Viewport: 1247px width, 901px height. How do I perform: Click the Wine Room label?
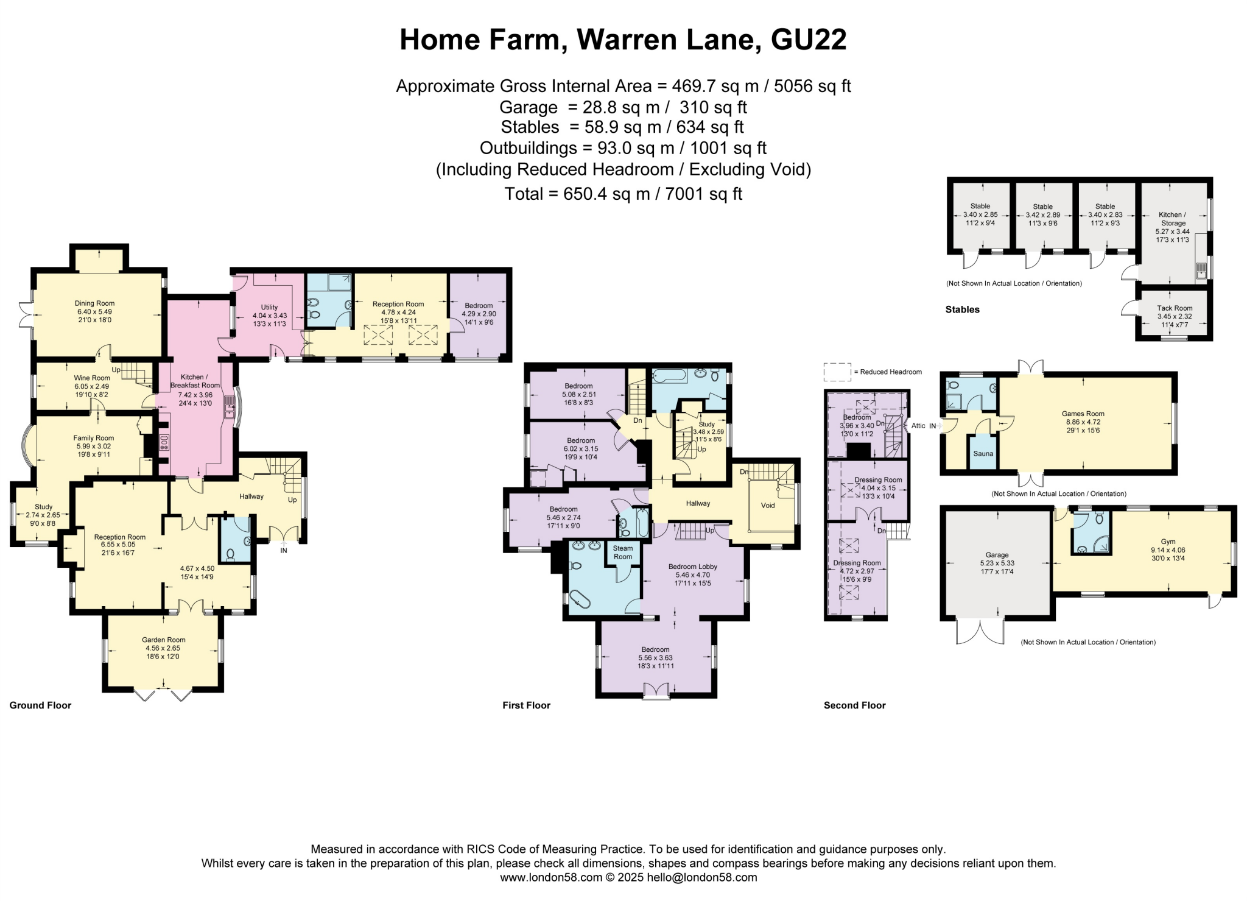coord(92,378)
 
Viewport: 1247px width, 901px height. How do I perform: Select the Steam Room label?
coord(623,552)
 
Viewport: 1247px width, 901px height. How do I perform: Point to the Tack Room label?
coord(1175,308)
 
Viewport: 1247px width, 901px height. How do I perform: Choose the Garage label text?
coord(997,555)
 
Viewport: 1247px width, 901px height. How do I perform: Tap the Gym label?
coord(1168,542)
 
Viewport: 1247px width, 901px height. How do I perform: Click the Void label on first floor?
coord(768,505)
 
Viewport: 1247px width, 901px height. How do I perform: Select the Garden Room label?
coord(164,640)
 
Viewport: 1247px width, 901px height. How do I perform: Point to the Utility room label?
coord(269,307)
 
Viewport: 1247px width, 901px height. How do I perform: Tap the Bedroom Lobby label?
coord(692,567)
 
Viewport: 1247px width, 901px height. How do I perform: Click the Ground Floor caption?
coord(40,705)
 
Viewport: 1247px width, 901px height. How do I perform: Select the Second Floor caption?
coord(854,705)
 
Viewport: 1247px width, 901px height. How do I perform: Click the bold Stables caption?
coord(962,309)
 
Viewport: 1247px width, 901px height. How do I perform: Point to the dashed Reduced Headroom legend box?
coord(837,372)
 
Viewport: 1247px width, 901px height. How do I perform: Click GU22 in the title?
coord(809,40)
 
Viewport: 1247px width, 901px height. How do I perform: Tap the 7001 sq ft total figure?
coord(701,194)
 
